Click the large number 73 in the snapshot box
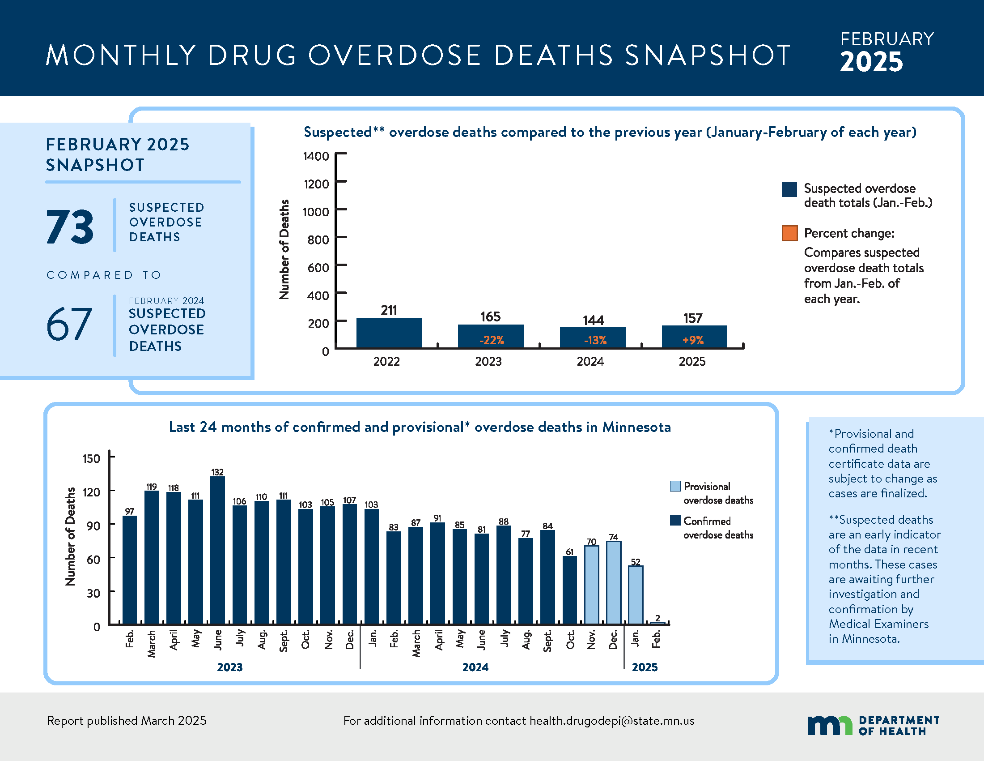(x=70, y=227)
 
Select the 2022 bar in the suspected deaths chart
(x=389, y=333)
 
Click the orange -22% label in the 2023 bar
(x=491, y=340)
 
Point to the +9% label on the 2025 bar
(x=693, y=340)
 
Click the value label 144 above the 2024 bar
(x=593, y=321)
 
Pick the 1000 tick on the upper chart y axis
(x=316, y=212)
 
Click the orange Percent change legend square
(x=789, y=233)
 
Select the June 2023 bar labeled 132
(x=218, y=550)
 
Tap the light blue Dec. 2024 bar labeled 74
(x=613, y=582)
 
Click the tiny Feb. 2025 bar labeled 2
(x=657, y=623)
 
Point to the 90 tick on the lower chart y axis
(x=93, y=526)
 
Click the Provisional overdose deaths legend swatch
(x=675, y=486)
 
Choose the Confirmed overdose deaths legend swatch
(x=675, y=521)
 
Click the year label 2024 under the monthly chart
(x=475, y=667)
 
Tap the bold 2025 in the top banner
(x=871, y=62)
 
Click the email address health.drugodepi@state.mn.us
(x=612, y=721)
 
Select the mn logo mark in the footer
(x=829, y=725)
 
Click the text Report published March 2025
(x=127, y=721)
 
